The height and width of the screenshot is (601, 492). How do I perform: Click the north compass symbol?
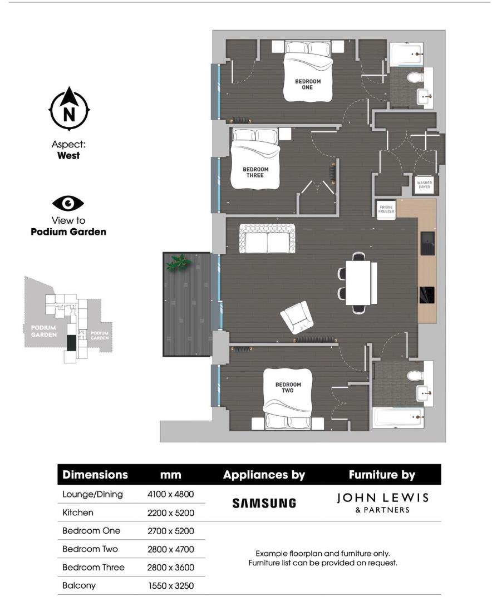(69, 110)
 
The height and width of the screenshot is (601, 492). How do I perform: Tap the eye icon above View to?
(68, 204)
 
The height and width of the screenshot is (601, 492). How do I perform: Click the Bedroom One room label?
(307, 84)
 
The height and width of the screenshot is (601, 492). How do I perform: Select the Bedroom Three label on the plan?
(255, 173)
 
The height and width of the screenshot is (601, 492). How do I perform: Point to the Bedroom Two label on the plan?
(288, 387)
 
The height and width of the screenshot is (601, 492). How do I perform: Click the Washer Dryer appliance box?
(424, 184)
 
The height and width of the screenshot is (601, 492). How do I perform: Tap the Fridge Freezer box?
(386, 210)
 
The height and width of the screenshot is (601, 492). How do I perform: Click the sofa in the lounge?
(268, 239)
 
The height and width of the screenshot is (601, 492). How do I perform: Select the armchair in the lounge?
(297, 317)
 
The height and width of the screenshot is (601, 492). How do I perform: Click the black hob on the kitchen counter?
(427, 295)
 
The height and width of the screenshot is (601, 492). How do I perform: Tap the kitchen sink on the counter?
(427, 244)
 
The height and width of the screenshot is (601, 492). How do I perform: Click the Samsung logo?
(264, 503)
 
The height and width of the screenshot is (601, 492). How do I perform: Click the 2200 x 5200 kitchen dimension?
(170, 512)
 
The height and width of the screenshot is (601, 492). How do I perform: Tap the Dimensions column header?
(95, 475)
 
